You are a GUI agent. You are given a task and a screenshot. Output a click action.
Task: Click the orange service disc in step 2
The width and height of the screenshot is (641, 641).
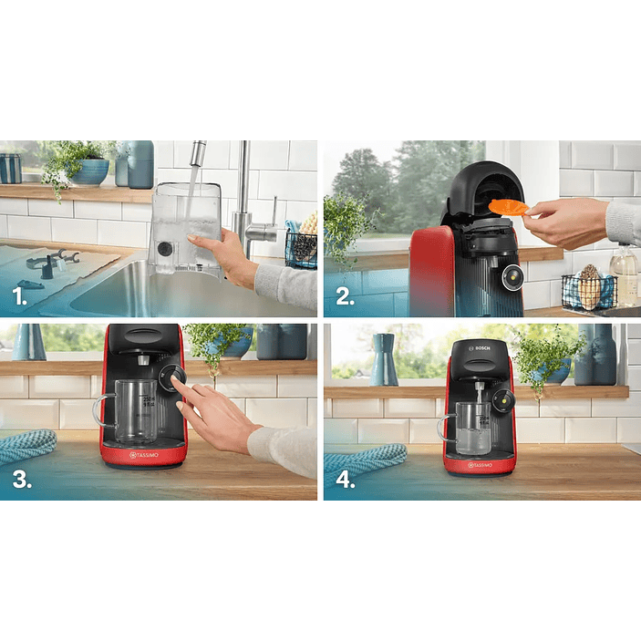[507, 207]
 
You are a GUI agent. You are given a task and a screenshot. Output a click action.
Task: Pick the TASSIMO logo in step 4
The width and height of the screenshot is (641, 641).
[480, 465]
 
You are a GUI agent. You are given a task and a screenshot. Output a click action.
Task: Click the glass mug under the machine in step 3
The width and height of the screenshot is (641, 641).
[133, 412]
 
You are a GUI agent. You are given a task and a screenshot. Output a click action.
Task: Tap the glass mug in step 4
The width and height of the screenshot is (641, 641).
[469, 427]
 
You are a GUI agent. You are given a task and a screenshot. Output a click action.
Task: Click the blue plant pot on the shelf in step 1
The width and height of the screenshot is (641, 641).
[89, 171]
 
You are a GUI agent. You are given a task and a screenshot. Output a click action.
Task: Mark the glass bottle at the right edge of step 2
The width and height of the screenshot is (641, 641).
[625, 274]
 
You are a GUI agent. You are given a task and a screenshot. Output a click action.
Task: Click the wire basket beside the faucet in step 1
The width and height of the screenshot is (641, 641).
[301, 249]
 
